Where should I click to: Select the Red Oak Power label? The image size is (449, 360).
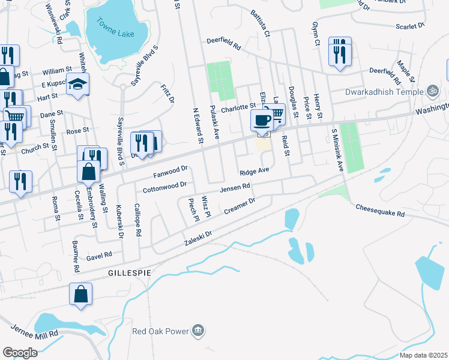click(160, 331)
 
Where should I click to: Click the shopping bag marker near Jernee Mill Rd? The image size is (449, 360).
click(80, 295)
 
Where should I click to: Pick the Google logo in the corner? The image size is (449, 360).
click(20, 352)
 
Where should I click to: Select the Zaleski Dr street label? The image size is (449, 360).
click(199, 239)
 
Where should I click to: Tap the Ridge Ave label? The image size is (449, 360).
click(254, 172)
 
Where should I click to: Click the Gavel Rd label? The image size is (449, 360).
click(99, 255)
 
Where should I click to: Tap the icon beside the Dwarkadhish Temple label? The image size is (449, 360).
click(433, 91)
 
